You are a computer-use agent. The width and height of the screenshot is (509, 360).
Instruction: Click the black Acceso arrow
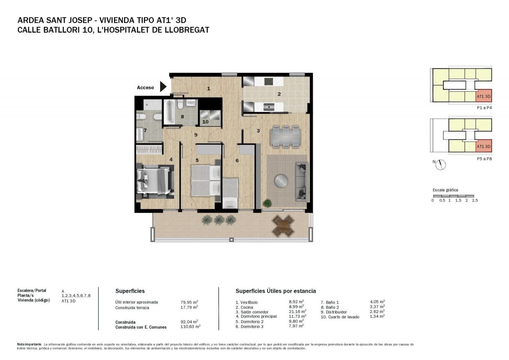tap(163, 87)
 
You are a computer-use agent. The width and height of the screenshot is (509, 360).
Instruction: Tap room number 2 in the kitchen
tap(279, 94)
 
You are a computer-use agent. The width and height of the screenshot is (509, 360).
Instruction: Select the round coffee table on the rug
tap(281, 181)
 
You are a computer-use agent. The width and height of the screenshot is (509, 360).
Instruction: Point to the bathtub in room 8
tap(169, 112)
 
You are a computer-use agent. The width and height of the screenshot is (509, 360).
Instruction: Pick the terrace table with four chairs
tap(283, 226)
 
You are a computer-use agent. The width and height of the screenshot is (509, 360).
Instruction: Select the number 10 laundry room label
tap(205, 122)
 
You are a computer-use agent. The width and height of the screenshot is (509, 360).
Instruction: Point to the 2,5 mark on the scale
tap(475, 200)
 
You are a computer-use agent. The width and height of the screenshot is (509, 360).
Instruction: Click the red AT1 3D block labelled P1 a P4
tap(484, 95)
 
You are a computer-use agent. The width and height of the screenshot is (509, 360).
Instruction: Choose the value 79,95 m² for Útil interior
tap(189, 302)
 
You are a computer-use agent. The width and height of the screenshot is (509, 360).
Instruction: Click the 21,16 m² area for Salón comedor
tap(297, 311)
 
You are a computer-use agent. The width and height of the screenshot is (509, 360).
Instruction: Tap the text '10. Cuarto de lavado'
tap(340, 317)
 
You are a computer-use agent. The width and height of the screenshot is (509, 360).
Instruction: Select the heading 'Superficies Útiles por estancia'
tap(276, 291)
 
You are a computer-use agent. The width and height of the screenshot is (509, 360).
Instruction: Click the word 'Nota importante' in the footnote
tap(29, 344)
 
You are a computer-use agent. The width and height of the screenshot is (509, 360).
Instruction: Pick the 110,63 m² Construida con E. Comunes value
tap(190, 327)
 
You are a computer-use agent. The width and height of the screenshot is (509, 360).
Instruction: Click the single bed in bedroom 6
tap(230, 193)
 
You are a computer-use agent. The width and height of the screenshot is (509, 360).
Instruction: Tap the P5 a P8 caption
tap(484, 159)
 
